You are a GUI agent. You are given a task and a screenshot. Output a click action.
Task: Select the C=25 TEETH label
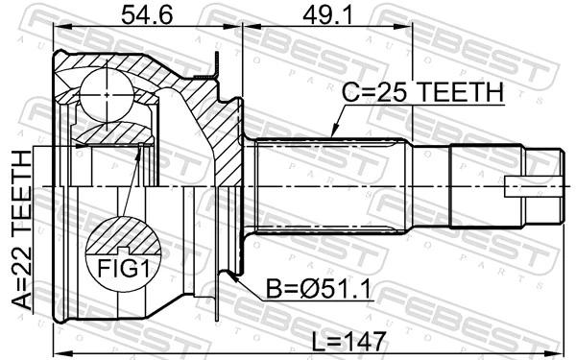pos(423,92)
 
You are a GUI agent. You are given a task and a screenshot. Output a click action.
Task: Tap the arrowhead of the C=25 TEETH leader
pos(330,133)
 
